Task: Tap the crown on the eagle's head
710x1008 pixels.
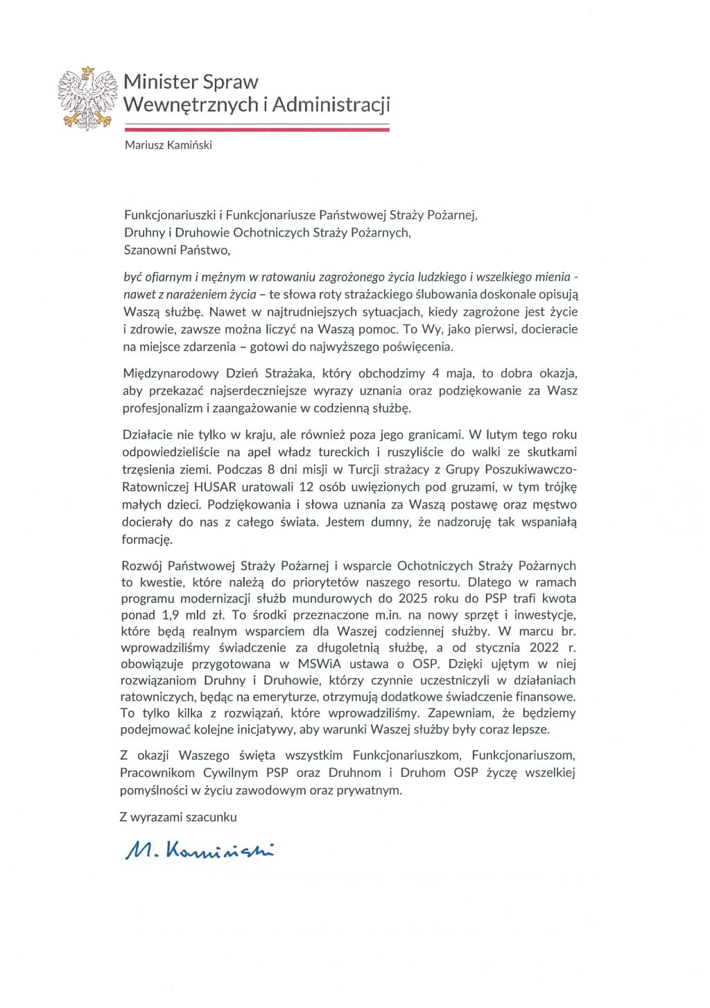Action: pyautogui.click(x=88, y=70)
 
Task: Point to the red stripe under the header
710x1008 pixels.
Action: pyautogui.click(x=257, y=129)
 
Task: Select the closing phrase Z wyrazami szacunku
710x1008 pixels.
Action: pyautogui.click(x=178, y=817)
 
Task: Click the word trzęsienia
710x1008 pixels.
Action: pyautogui.click(x=148, y=470)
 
